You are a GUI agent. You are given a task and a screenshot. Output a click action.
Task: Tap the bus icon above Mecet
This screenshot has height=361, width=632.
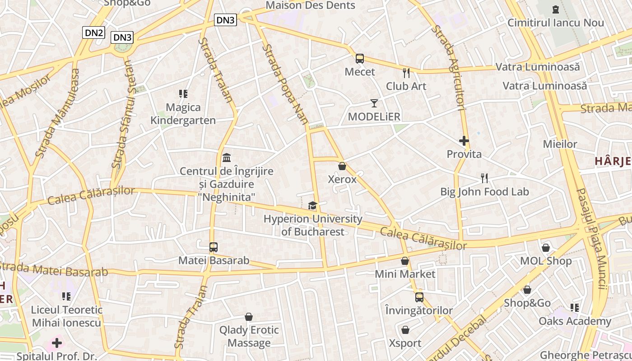[360, 59]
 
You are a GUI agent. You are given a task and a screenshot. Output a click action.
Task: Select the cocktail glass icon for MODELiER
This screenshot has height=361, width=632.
[374, 103]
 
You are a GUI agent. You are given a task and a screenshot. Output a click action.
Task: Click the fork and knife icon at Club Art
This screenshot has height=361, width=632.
[406, 73]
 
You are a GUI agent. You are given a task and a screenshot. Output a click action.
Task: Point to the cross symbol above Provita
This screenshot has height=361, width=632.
[464, 141]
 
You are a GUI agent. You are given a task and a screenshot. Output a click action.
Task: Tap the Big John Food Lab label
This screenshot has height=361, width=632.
[484, 192]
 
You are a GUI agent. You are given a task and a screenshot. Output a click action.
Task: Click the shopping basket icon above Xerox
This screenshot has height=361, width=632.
[342, 166]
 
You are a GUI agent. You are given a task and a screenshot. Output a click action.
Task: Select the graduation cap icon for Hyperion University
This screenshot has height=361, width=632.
[312, 206]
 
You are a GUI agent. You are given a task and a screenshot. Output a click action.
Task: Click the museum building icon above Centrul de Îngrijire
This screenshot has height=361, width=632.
[227, 158]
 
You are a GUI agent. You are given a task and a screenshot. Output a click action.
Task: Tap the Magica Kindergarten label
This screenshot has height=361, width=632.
[183, 114]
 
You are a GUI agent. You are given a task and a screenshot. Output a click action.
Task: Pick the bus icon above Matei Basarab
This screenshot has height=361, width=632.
[214, 247]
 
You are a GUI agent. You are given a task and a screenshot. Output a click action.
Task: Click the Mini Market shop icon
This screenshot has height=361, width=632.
[405, 261]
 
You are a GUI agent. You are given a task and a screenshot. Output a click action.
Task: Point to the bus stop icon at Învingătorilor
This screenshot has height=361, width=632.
[419, 297]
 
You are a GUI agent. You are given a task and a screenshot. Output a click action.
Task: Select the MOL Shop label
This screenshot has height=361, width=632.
[546, 261]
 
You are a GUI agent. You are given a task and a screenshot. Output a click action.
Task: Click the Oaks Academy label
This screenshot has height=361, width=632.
[575, 321]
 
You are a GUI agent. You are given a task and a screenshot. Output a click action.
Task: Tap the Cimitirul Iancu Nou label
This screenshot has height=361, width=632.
[556, 23]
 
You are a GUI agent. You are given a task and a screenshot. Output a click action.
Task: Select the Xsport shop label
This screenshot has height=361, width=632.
[405, 343]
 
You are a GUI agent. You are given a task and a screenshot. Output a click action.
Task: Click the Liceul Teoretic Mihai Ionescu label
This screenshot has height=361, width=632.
[66, 316]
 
